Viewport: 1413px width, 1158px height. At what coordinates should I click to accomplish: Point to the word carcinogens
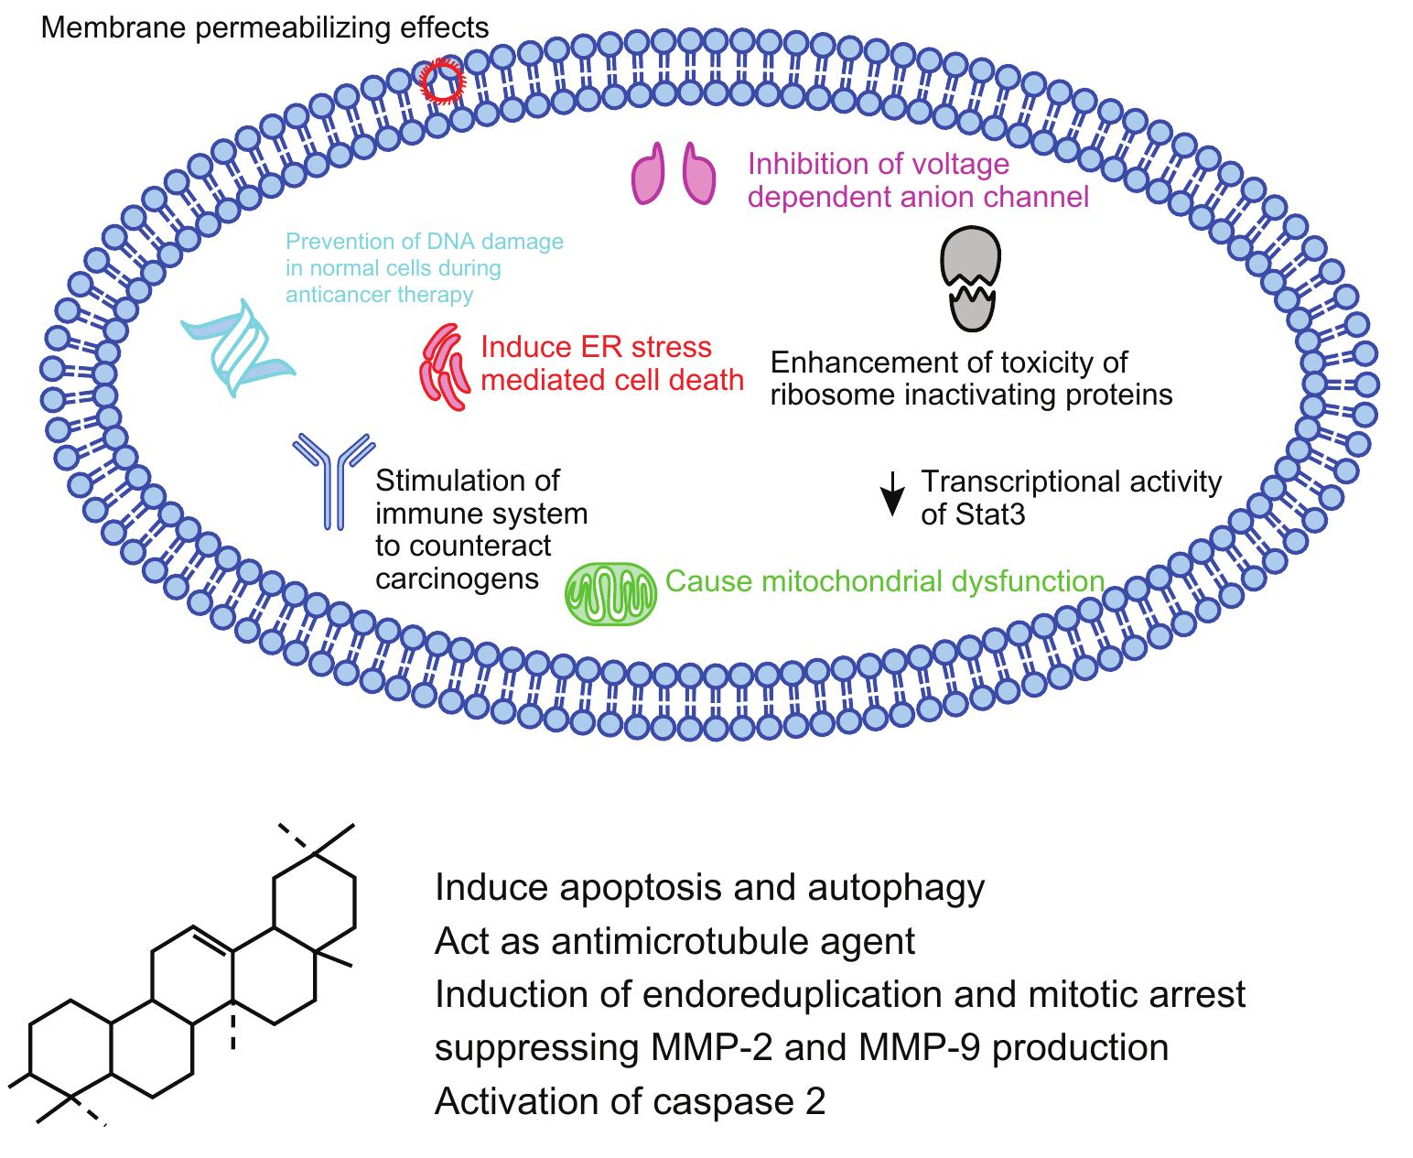pyautogui.click(x=457, y=579)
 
